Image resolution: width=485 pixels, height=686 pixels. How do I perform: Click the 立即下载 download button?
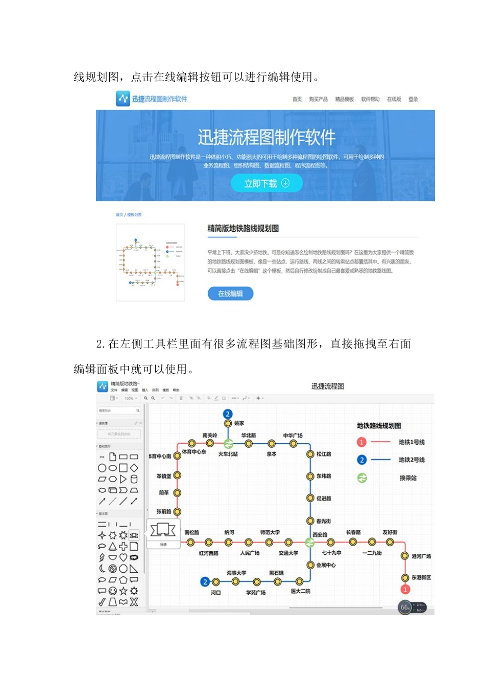266,183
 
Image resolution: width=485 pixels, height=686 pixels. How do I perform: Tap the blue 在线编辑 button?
230,293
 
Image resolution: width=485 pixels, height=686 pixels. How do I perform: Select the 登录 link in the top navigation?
413,100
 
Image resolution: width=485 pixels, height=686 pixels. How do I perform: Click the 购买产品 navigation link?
318,100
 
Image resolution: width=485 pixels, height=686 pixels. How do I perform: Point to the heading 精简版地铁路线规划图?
243,228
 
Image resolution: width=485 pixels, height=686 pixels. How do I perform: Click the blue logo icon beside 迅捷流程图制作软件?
123,99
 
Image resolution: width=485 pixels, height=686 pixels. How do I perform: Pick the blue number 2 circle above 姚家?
228,414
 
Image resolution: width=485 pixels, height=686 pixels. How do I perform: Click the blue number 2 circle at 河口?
205,581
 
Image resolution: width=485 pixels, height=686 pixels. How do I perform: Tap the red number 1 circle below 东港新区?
405,590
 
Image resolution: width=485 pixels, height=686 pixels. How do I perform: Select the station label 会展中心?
326,565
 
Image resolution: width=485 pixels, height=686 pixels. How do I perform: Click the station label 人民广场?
250,553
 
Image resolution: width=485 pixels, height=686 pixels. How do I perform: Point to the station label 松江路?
324,454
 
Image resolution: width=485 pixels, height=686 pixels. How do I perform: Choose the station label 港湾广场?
421,556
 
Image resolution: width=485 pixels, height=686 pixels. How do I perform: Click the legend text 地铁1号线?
411,442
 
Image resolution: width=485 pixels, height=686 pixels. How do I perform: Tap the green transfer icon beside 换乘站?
362,478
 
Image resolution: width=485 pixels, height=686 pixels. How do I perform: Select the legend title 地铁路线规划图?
379,426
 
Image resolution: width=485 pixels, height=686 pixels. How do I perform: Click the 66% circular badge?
405,607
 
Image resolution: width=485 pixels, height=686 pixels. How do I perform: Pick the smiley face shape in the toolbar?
112,591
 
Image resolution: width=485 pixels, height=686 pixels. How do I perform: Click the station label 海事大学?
236,573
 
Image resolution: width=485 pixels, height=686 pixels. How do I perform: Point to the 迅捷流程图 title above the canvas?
328,386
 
